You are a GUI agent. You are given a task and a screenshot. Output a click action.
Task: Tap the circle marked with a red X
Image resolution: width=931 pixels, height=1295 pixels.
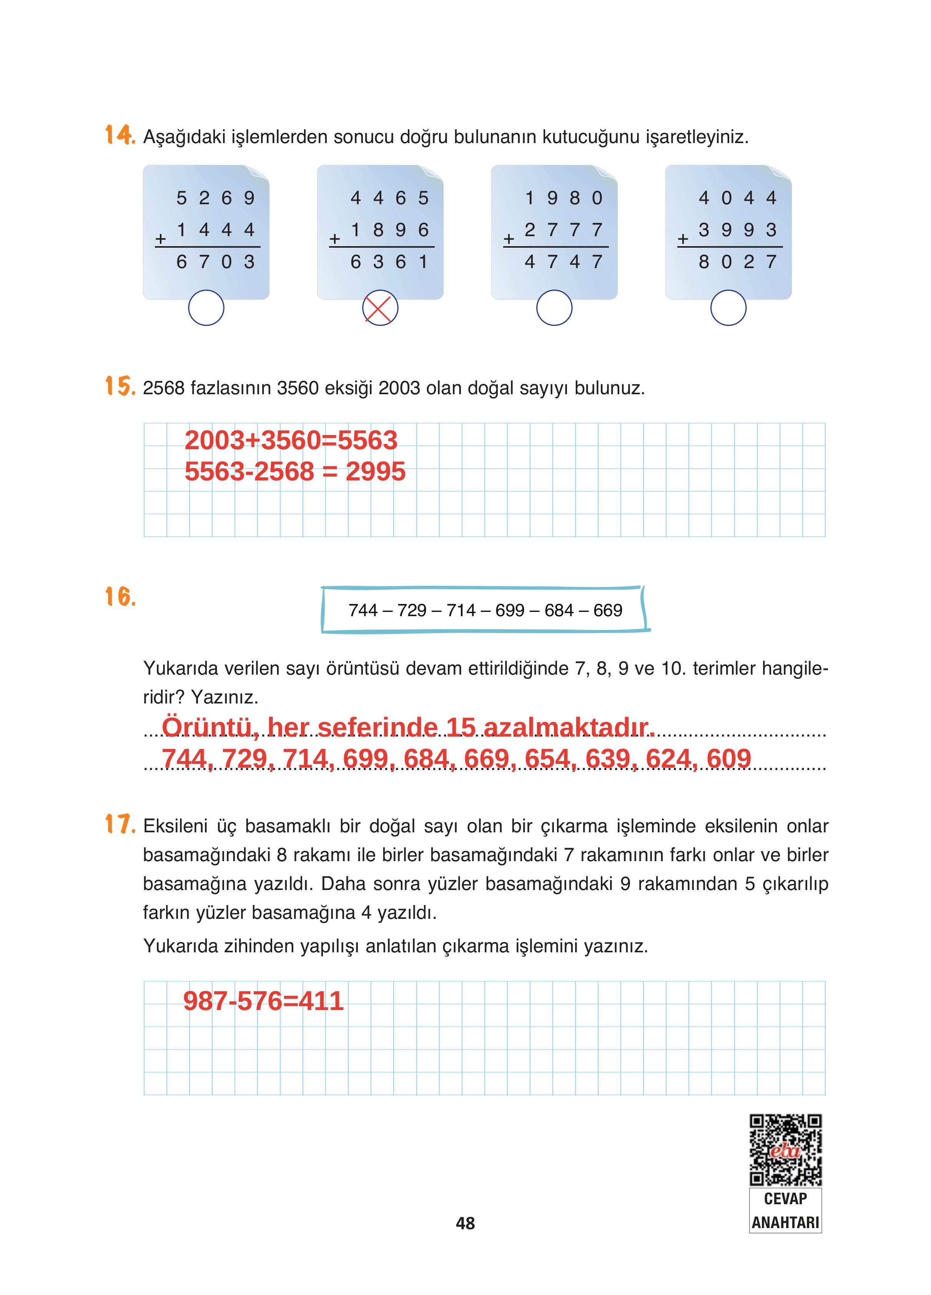[380, 308]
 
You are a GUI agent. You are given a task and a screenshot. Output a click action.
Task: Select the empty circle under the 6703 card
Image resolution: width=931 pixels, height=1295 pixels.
[206, 308]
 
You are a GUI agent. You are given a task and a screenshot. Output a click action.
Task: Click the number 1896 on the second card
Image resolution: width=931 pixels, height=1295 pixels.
[389, 230]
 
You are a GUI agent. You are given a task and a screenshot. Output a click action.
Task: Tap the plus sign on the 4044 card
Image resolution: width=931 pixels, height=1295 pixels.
[683, 239]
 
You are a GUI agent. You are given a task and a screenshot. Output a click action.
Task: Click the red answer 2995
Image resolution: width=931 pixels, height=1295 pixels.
[375, 472]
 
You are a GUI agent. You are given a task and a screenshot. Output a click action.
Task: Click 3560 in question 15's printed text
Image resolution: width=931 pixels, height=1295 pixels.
[298, 388]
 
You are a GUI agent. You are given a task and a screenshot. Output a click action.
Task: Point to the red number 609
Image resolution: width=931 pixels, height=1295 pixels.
[728, 758]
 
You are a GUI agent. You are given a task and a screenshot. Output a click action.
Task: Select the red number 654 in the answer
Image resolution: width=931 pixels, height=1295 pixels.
[547, 758]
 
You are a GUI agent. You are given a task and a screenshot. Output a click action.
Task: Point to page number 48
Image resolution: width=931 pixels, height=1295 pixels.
[465, 1223]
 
